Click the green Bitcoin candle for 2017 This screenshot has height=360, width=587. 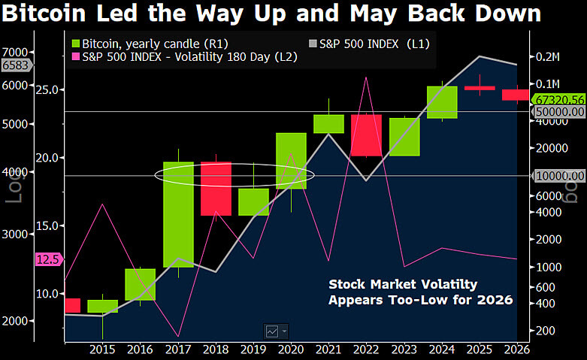coord(179,214)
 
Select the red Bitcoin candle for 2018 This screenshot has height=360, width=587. coord(216,189)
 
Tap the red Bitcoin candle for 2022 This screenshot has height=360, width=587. coord(367,135)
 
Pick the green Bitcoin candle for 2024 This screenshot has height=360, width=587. coord(442,102)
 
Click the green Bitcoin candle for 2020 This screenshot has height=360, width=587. coord(291,161)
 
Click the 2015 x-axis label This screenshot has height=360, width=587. coord(101,349)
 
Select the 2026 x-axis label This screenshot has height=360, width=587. coord(516,349)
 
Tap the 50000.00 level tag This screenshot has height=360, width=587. coord(559,112)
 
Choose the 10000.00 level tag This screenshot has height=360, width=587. coord(559,176)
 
